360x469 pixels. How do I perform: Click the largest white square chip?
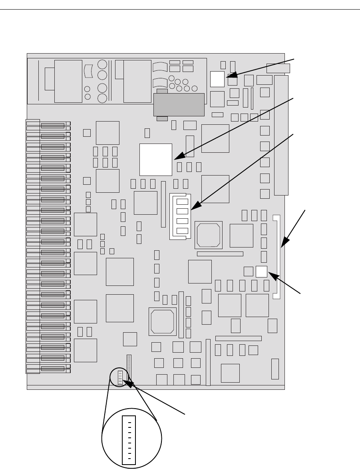coord(155,159)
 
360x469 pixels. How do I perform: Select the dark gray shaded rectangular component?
coord(179,104)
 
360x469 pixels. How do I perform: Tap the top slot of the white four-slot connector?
coord(182,202)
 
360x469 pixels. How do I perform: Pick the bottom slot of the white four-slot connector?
coord(182,231)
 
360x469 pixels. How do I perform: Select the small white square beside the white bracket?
coord(261,271)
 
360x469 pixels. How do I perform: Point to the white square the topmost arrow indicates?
coord(217,79)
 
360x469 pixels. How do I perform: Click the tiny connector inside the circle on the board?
coord(120,377)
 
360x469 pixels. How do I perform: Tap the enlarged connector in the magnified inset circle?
coord(129,440)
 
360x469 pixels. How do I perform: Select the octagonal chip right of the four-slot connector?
coord(208,235)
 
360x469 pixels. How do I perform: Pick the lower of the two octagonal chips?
coord(162,321)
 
